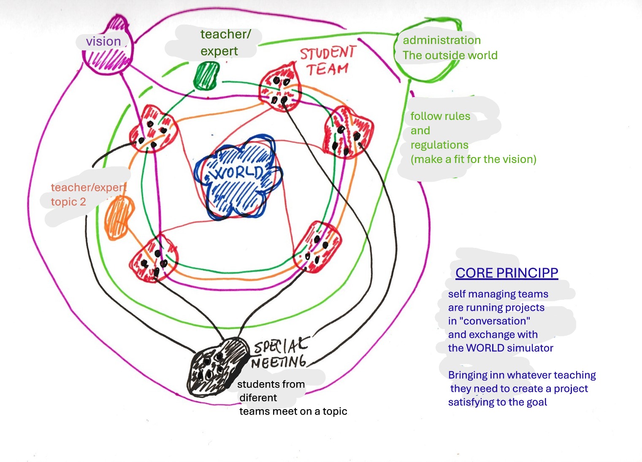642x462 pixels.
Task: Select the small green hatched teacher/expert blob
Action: (206, 76)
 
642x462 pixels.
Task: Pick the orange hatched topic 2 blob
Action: (119, 217)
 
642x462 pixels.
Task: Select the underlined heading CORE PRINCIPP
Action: (507, 273)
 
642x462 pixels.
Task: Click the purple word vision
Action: (103, 41)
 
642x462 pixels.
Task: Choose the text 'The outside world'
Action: (450, 55)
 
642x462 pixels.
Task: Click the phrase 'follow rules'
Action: (440, 116)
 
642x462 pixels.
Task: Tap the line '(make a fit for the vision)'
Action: (474, 159)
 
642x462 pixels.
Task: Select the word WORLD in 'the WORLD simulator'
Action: (485, 348)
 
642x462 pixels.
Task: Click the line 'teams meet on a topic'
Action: (293, 411)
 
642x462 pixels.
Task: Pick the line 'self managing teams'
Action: (498, 294)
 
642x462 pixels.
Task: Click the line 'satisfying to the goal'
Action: (497, 402)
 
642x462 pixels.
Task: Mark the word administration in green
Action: (442, 40)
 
